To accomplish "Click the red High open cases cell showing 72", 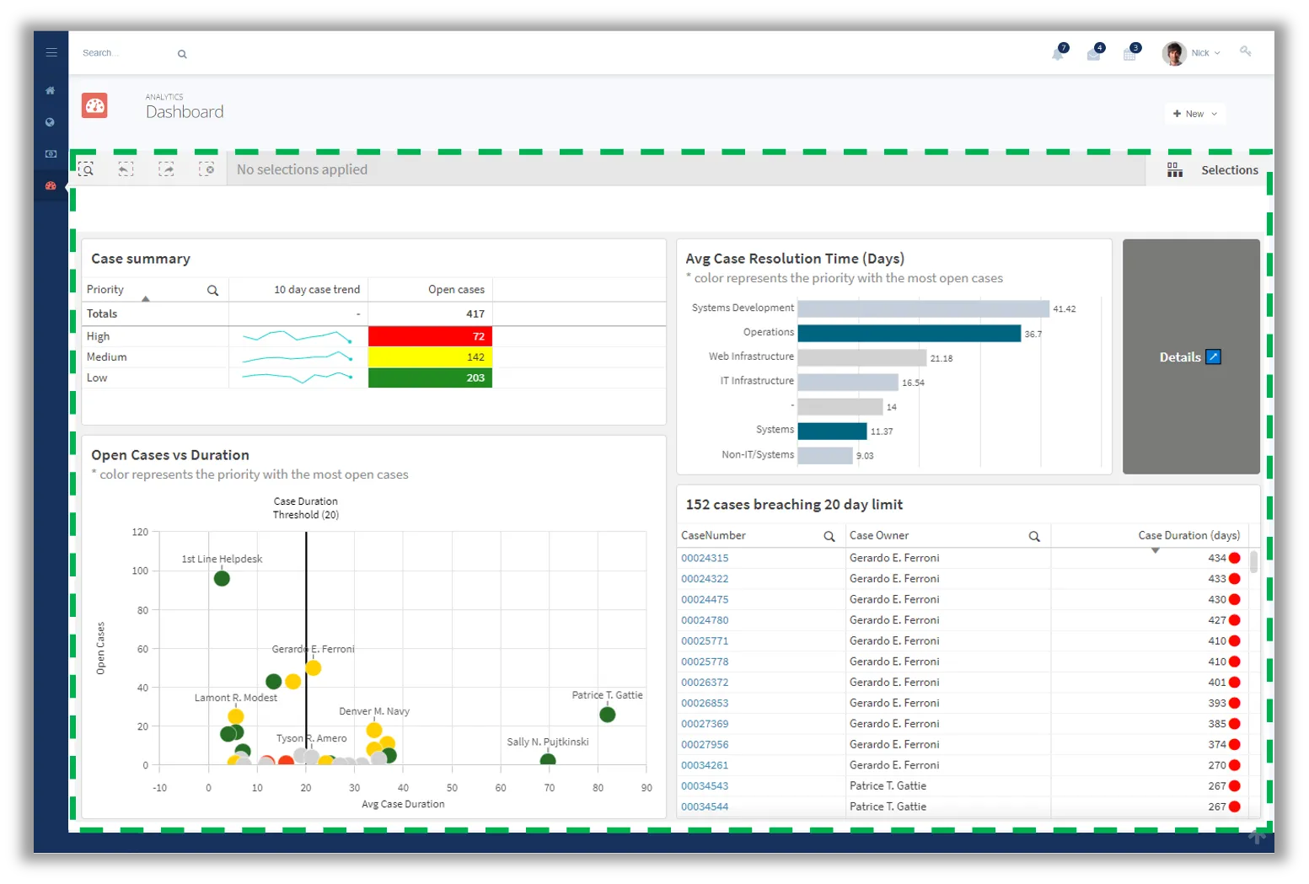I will click(430, 336).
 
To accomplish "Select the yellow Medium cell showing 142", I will click(430, 357).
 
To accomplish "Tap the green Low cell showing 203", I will click(430, 378).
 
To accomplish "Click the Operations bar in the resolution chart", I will click(909, 334).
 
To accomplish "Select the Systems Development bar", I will click(923, 309).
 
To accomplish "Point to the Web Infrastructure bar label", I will click(751, 357).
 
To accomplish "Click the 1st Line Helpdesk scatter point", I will click(222, 579).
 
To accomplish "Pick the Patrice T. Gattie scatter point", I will click(607, 715).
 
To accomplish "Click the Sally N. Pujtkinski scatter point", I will click(548, 761).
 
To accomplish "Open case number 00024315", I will click(705, 559).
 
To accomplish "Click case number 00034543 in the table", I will click(705, 786).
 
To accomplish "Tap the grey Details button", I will click(1190, 357).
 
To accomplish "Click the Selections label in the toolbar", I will click(1229, 170).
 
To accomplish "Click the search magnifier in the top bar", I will click(182, 54).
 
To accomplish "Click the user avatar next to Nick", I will click(1173, 54).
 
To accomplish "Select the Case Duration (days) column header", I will click(1188, 536).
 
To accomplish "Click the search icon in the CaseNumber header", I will click(829, 537).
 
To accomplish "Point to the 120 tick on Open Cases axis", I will click(140, 533).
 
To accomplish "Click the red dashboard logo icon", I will click(95, 106).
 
